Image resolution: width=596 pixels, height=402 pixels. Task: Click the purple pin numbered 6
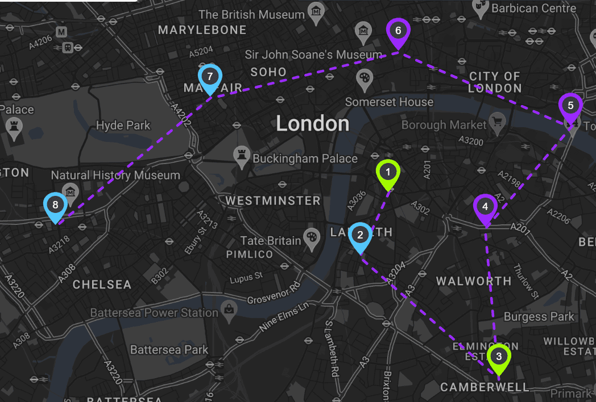[x=398, y=31]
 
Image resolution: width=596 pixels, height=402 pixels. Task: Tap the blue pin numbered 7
[x=210, y=77]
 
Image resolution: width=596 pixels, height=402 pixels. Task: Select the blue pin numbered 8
[x=55, y=205]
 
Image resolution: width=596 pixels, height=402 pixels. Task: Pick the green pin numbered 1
[x=388, y=172]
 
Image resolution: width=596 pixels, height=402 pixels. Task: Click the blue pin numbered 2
[x=360, y=235]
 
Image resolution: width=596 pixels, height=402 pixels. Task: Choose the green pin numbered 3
[x=499, y=357]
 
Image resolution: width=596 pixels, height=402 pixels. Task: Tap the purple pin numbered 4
[x=485, y=207]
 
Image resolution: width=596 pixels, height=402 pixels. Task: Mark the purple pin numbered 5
[x=570, y=107]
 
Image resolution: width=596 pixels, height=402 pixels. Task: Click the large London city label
[x=313, y=124]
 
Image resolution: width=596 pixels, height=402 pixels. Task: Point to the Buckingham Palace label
[x=305, y=158]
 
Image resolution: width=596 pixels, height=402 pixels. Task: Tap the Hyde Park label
[x=123, y=125]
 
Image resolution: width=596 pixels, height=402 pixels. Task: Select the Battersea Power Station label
[x=154, y=313]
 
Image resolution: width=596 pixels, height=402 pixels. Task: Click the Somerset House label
[x=389, y=102]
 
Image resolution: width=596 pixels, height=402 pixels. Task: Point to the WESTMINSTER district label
[x=273, y=200]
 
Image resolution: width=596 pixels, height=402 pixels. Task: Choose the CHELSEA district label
[x=102, y=284]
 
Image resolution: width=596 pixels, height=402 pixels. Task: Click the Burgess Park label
[x=539, y=317]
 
